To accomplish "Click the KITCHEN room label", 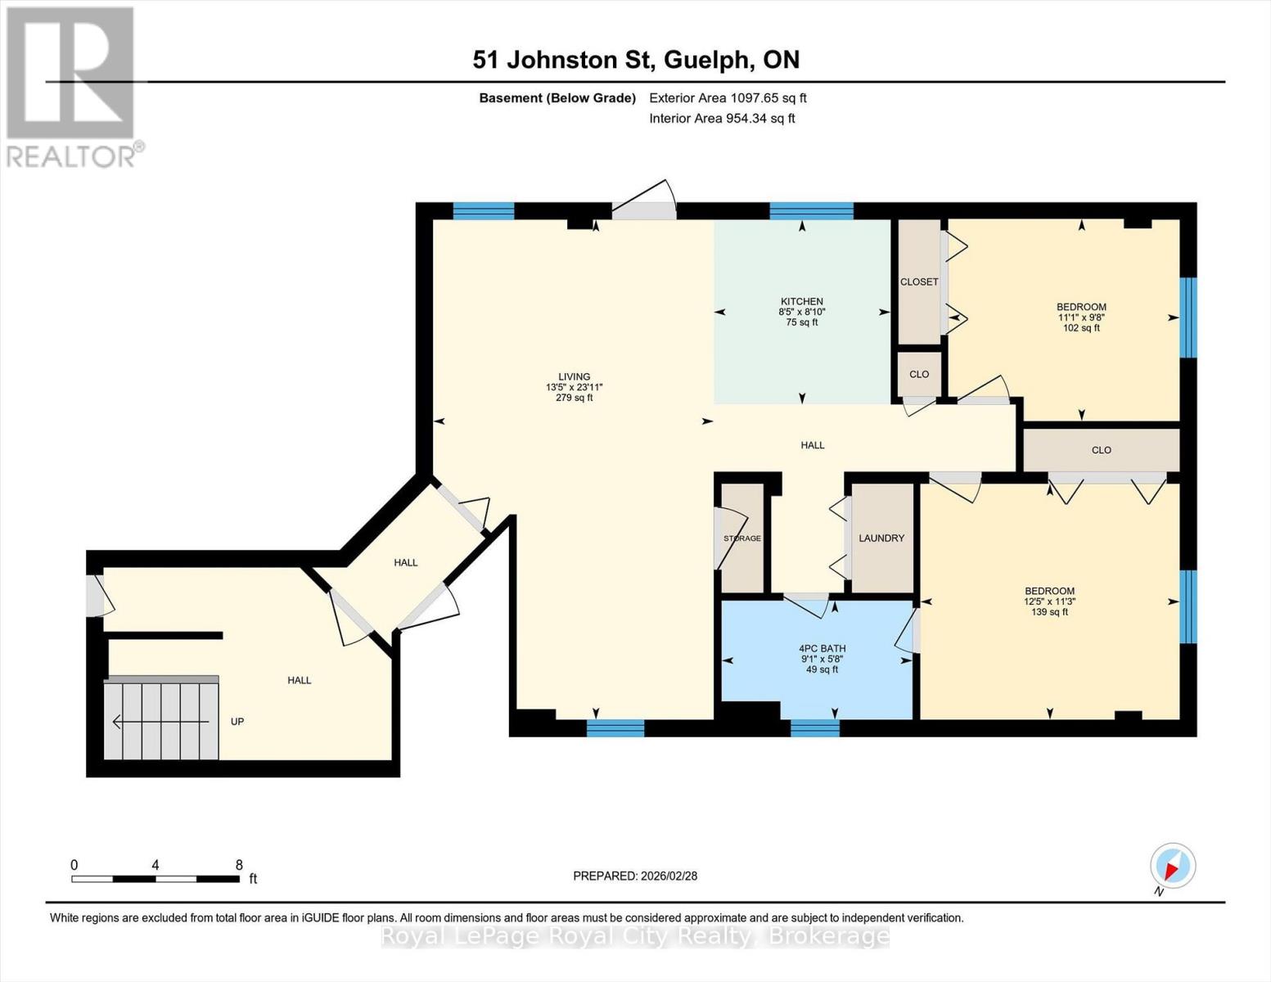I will point(801,301).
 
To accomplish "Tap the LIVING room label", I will point(574,377).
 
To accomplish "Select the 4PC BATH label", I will point(822,648).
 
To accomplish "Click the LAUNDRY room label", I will point(881,538).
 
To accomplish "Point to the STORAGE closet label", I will point(742,538).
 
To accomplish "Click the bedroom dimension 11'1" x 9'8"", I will point(1081,318).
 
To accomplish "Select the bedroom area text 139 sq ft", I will point(1049,612).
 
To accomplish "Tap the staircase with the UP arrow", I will point(161,721).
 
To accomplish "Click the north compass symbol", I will point(1172,866).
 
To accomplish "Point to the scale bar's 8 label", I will point(239,865).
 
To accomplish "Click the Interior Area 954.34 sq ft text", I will point(722,119).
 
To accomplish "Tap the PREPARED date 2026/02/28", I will point(635,876).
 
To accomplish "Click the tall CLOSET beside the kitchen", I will point(919,282).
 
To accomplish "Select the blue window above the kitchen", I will point(811,211).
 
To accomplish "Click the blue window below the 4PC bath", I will point(814,727).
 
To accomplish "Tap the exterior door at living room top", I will point(645,209).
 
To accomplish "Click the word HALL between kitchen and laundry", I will point(812,445).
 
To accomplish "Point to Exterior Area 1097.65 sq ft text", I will point(728,98).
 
